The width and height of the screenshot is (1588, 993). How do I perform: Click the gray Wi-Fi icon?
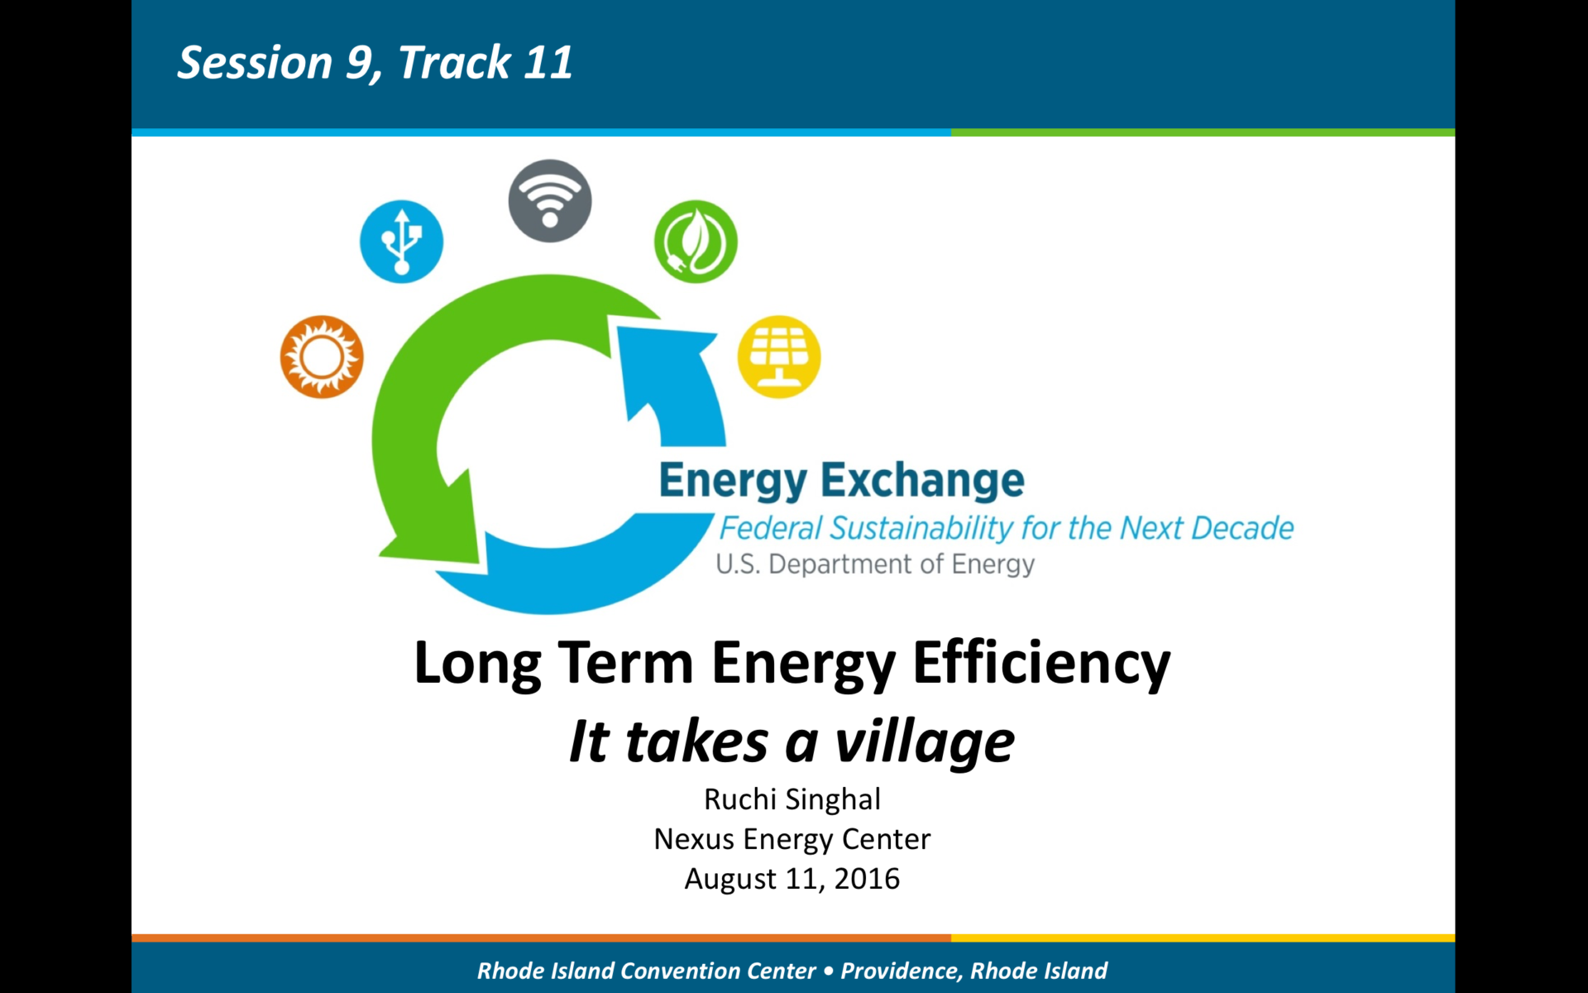tap(550, 201)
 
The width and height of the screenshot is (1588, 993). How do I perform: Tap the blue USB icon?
tap(401, 242)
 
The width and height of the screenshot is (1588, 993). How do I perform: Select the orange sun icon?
tap(322, 357)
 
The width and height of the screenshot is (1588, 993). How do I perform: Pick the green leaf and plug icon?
tap(696, 242)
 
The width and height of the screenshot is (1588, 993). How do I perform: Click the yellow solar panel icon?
tap(779, 357)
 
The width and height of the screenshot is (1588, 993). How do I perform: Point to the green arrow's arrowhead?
tap(430, 521)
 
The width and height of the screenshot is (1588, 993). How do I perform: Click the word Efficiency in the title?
tap(1041, 664)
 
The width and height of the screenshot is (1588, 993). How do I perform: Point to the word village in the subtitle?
tap(925, 742)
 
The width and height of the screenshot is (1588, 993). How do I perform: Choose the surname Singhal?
tap(833, 799)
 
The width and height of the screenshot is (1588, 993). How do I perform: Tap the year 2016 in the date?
tap(867, 879)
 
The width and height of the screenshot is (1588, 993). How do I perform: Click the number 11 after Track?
tap(548, 63)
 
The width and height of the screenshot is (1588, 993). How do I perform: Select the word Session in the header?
tap(255, 63)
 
